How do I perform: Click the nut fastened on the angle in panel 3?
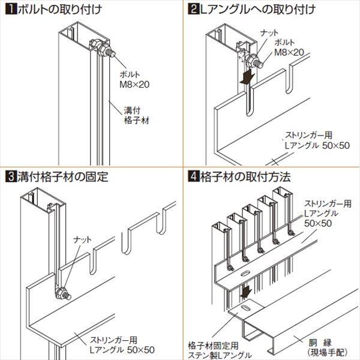62,293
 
